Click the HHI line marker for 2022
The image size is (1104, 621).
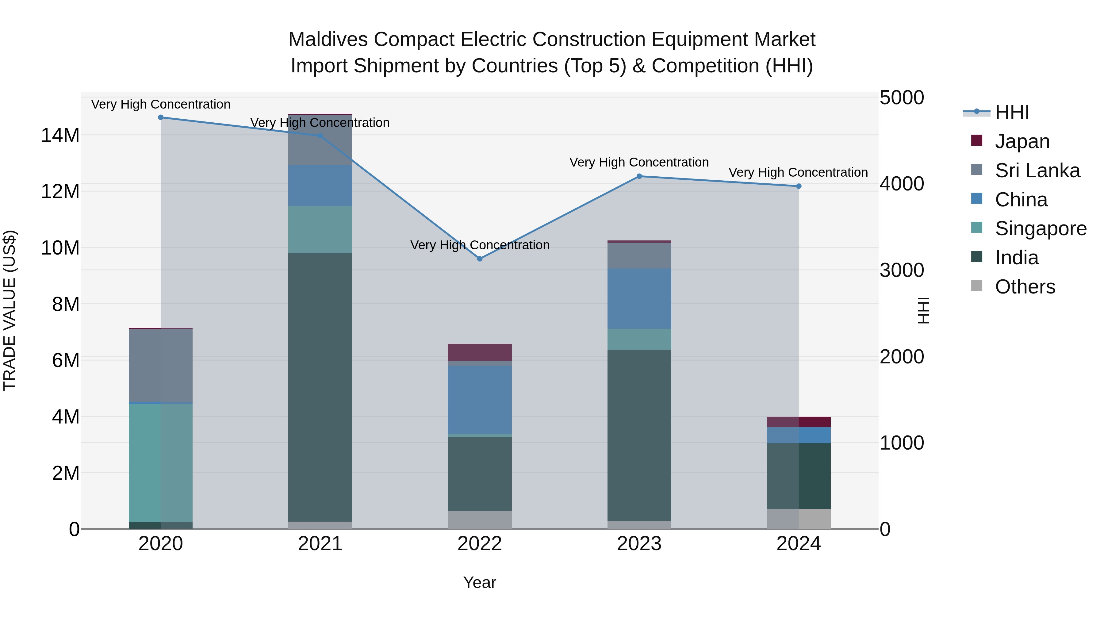click(x=480, y=259)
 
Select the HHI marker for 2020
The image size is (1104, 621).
click(x=161, y=117)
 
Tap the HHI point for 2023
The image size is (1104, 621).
click(x=639, y=176)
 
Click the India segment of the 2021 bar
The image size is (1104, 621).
click(x=320, y=386)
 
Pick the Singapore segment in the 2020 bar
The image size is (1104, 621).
click(x=161, y=463)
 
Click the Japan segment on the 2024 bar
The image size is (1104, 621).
click(x=799, y=422)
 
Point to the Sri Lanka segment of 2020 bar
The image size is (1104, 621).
click(x=161, y=366)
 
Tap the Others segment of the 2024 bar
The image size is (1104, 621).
click(x=799, y=519)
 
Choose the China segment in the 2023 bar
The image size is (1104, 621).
click(x=639, y=299)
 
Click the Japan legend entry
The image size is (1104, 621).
click(x=1022, y=141)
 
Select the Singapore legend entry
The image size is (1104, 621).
click(x=1040, y=228)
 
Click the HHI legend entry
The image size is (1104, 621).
click(x=1011, y=112)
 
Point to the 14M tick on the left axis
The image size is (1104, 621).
click(x=60, y=136)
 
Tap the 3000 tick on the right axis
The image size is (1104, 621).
click(x=902, y=270)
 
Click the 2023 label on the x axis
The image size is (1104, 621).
click(x=639, y=544)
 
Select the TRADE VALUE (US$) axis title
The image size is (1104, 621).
click(x=10, y=310)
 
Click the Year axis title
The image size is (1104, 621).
click(x=480, y=582)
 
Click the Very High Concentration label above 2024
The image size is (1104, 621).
click(x=798, y=172)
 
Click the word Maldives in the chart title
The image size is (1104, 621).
click(x=328, y=40)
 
